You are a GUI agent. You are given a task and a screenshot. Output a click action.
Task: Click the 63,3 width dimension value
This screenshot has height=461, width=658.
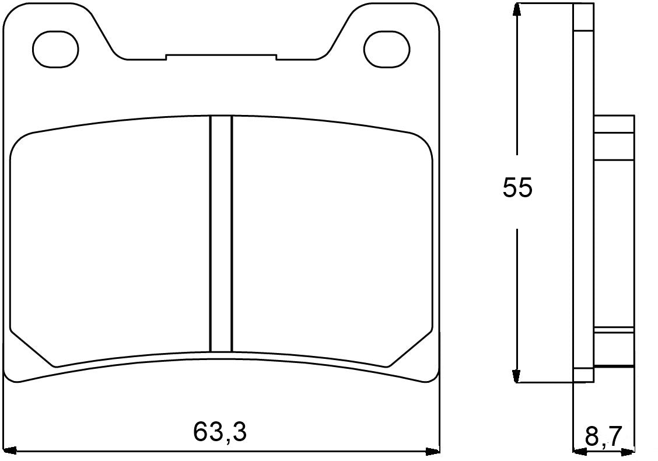tap(220, 432)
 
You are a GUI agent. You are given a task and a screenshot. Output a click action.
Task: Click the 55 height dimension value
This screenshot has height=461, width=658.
tap(517, 188)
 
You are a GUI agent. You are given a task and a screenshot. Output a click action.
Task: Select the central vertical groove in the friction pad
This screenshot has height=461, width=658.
tap(221, 233)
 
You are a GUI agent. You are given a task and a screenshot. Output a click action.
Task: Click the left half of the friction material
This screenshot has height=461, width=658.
tap(111, 239)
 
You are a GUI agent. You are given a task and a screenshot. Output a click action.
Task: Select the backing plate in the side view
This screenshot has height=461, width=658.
tap(583, 193)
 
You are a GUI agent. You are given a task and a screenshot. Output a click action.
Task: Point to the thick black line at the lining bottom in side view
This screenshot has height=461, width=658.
tap(616, 366)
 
